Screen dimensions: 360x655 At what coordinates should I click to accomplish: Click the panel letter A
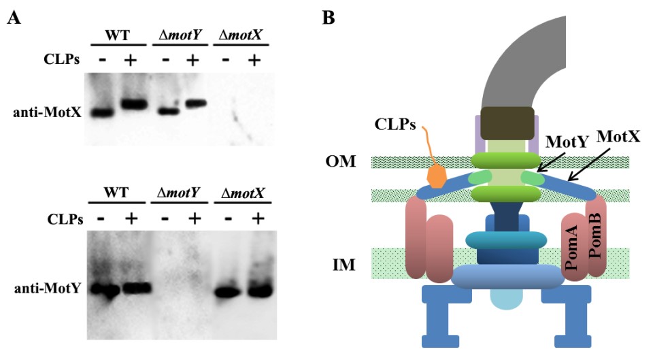pyautogui.click(x=13, y=19)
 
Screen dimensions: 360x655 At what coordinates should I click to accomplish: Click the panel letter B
pyautogui.click(x=329, y=18)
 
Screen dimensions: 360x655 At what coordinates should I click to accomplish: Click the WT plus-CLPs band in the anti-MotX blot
pyautogui.click(x=133, y=104)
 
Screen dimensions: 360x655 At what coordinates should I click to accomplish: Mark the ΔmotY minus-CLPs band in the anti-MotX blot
pyautogui.click(x=168, y=111)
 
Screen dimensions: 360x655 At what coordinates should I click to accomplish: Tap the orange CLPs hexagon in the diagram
pyautogui.click(x=437, y=175)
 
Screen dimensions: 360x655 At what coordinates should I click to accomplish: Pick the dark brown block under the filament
pyautogui.click(x=506, y=122)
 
